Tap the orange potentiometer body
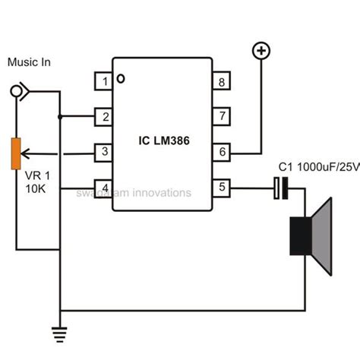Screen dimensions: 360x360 coord(15,154)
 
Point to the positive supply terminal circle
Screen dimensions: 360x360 coord(262,51)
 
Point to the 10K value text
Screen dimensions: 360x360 coord(33,186)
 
